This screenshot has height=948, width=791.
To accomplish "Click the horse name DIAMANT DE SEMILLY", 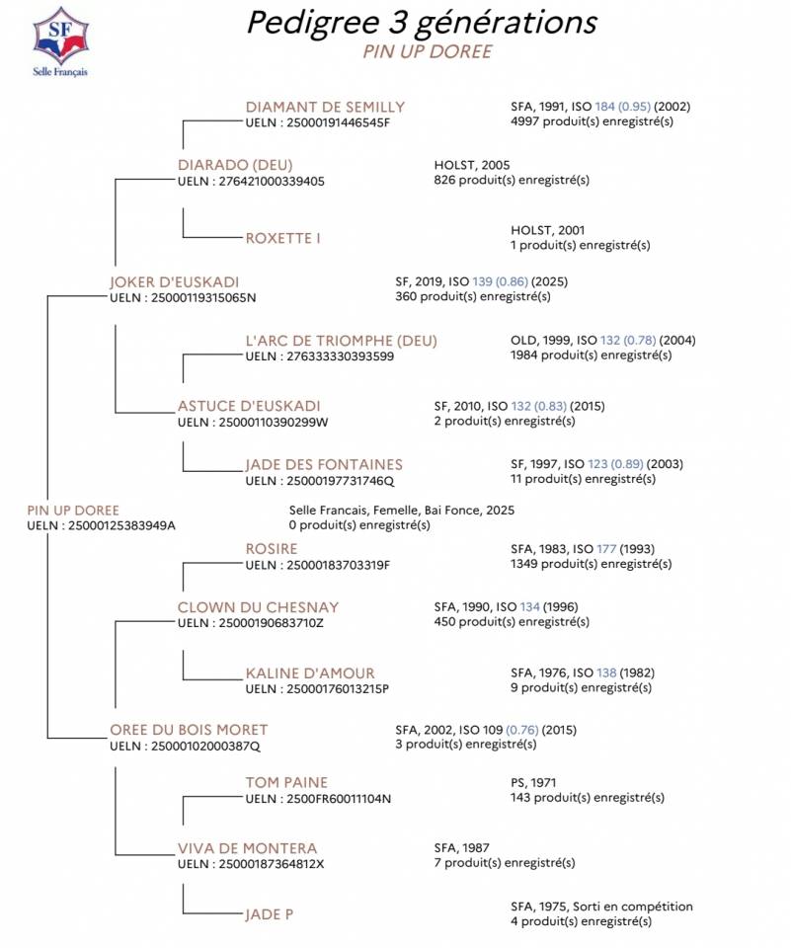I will [325, 108].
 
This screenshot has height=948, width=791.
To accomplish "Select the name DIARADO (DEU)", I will [235, 165].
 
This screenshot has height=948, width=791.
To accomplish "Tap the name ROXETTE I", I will [282, 238].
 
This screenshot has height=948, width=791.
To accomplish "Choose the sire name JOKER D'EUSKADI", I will [174, 282].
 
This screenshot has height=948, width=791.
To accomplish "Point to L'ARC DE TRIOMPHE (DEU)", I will [341, 341].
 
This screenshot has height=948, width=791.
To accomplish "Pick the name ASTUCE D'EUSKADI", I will [249, 406].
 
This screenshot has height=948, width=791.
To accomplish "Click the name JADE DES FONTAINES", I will [324, 464].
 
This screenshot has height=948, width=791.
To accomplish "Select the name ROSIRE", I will [271, 549].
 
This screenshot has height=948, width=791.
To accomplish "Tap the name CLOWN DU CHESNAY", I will [258, 607].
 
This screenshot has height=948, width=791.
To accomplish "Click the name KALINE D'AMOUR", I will [310, 673].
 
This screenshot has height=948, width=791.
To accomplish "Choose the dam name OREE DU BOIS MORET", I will [189, 730].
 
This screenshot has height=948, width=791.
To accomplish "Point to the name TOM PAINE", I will [286, 783].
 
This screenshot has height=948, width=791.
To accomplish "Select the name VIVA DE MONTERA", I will [247, 848].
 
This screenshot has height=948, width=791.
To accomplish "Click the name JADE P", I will [269, 914].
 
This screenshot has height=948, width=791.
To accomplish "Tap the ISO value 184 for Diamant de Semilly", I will [605, 108].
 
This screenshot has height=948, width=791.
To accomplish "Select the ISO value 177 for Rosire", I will [605, 549].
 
